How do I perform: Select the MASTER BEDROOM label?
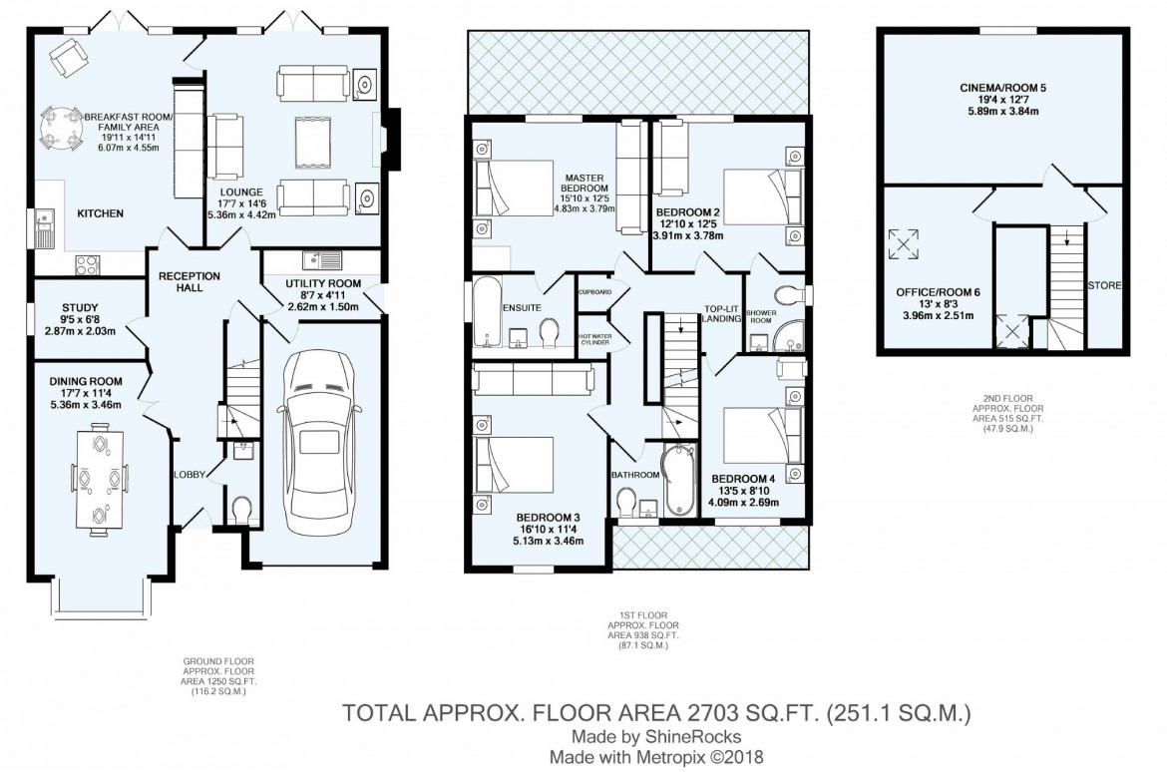point(583,183)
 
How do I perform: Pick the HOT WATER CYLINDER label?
point(596,336)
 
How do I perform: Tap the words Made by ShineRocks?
point(655,736)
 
